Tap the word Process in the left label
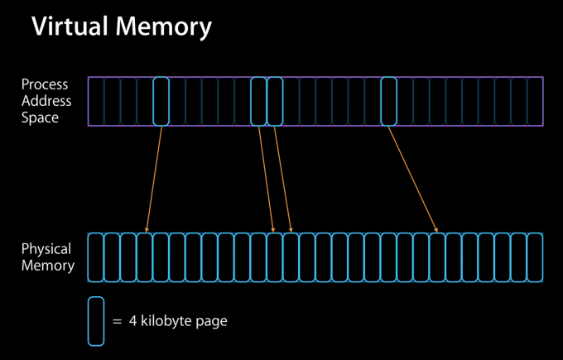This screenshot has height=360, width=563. pos(45,84)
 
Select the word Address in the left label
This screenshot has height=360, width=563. pos(46,101)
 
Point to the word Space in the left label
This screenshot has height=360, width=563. pos(41,118)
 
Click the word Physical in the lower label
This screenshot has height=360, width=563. pos(46,249)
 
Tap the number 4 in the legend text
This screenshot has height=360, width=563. pos(132,321)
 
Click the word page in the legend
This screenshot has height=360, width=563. pos(210,321)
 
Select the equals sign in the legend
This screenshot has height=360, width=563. pos(117,321)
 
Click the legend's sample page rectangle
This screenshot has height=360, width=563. pos(96,320)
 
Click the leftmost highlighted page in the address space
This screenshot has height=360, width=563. pos(161,101)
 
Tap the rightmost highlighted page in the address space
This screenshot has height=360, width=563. pos(388,101)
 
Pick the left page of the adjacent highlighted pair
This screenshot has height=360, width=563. pos(258,101)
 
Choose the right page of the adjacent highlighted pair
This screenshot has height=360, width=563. pos(275,101)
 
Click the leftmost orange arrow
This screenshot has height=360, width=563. pos(154,179)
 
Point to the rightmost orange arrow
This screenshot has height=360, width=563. pos(412,179)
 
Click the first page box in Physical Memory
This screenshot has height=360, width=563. pos(96,257)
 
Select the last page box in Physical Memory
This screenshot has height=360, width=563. pos(535,257)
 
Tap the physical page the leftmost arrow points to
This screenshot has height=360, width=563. pos(145,257)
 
